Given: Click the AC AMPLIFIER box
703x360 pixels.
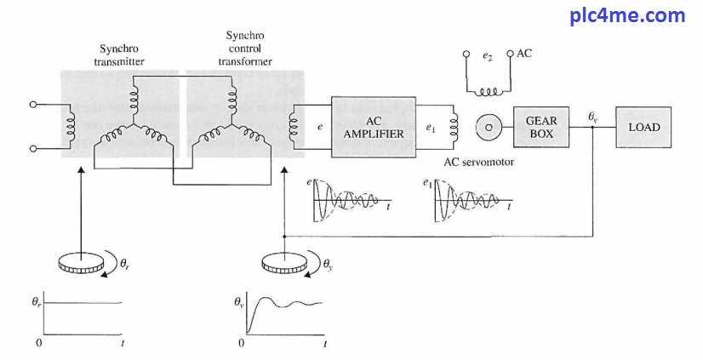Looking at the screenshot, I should pos(374,127).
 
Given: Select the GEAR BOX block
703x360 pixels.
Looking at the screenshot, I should pos(540,127).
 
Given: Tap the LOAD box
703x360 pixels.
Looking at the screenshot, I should pos(643,127).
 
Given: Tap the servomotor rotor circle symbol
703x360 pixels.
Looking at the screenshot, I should pos(489,127).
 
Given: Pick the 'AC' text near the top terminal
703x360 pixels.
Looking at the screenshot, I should pos(524,53).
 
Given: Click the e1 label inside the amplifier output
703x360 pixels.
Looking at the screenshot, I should pos(431,128).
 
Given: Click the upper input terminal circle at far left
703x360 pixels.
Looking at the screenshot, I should pos(33,106).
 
